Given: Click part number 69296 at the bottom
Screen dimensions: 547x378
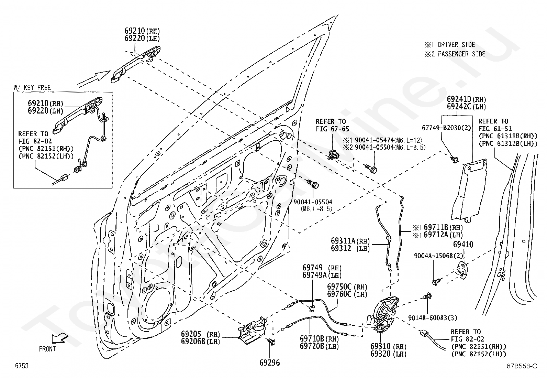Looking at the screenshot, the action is pos(270,363).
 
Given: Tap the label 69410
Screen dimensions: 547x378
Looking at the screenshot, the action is pos(463,244).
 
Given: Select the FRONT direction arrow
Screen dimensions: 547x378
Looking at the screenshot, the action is pos(60,339).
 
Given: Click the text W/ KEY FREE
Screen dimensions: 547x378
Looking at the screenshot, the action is pos(32,88).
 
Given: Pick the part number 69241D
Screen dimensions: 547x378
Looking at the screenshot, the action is pos(459,99).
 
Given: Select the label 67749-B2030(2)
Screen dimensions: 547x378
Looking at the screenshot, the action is pos(446,128).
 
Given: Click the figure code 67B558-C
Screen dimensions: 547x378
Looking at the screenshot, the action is pos(522,366).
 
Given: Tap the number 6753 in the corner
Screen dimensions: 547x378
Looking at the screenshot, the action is pos(22,366).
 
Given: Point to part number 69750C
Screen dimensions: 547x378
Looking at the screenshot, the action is pos(339,287).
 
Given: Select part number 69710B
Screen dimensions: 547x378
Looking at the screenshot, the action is pos(312,339).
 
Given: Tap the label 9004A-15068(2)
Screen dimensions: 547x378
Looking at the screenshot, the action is pos(438,256).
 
